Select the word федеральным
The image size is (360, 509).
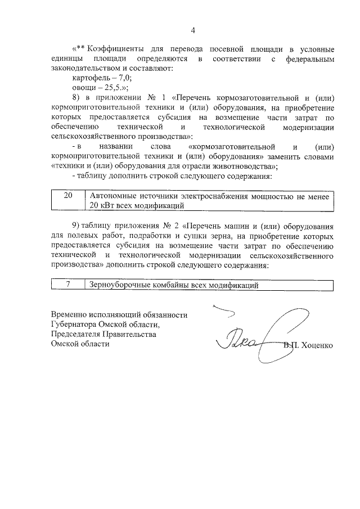tap(310, 58)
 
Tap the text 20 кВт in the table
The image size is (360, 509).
tap(104, 205)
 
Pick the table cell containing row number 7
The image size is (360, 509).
tap(68, 285)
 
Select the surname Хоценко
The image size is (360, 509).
tap(318, 345)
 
